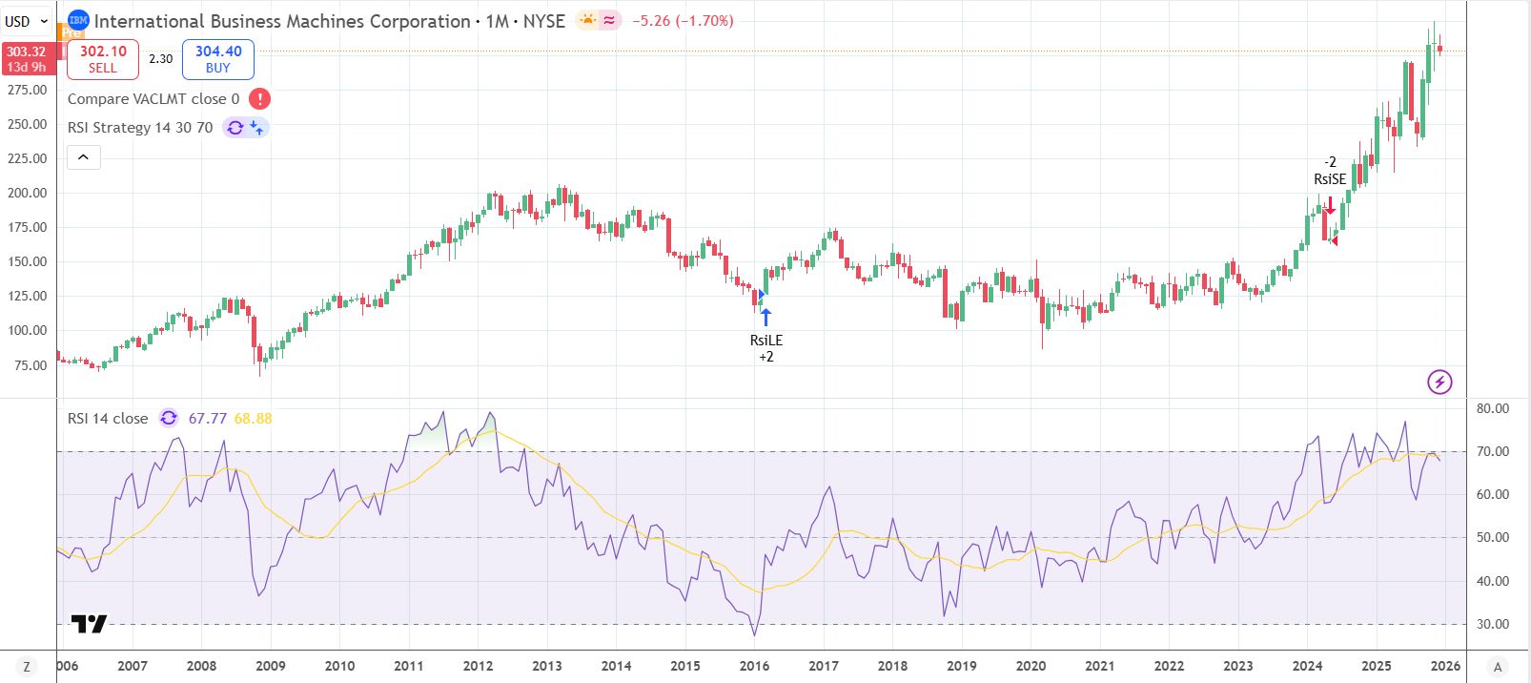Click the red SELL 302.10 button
pos(103,59)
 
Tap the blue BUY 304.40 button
pos(218,59)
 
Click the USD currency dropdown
pos(27,21)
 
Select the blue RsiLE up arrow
pos(765,317)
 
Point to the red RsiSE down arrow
pos(1330,205)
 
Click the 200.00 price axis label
pos(27,193)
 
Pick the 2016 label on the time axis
pos(754,666)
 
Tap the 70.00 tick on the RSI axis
pos(1492,451)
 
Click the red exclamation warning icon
pos(259,99)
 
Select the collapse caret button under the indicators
pos(84,157)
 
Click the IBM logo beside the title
pos(78,20)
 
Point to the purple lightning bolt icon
pos(1439,383)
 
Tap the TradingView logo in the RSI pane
pos(89,624)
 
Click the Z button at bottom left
pos(27,667)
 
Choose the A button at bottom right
pos(1498,667)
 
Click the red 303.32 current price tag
pos(26,59)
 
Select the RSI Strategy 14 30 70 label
pos(140,128)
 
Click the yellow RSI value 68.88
pos(253,419)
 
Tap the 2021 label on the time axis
pos(1099,666)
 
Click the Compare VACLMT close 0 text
pos(153,99)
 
